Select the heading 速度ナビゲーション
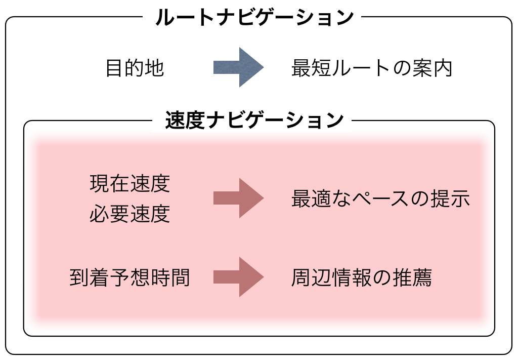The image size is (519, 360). [254, 121]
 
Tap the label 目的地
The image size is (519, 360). [135, 68]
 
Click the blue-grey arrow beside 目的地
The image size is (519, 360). [238, 67]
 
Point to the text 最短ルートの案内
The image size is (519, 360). [371, 68]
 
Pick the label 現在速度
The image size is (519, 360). [130, 183]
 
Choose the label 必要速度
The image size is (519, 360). [130, 215]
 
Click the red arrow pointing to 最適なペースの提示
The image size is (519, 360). [238, 198]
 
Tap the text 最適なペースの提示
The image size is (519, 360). [380, 199]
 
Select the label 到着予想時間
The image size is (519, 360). [130, 277]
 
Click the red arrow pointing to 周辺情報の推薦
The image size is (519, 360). [238, 277]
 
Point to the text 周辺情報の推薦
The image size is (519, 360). [361, 277]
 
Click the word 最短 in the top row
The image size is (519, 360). [311, 68]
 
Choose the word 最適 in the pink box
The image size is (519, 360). [311, 199]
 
